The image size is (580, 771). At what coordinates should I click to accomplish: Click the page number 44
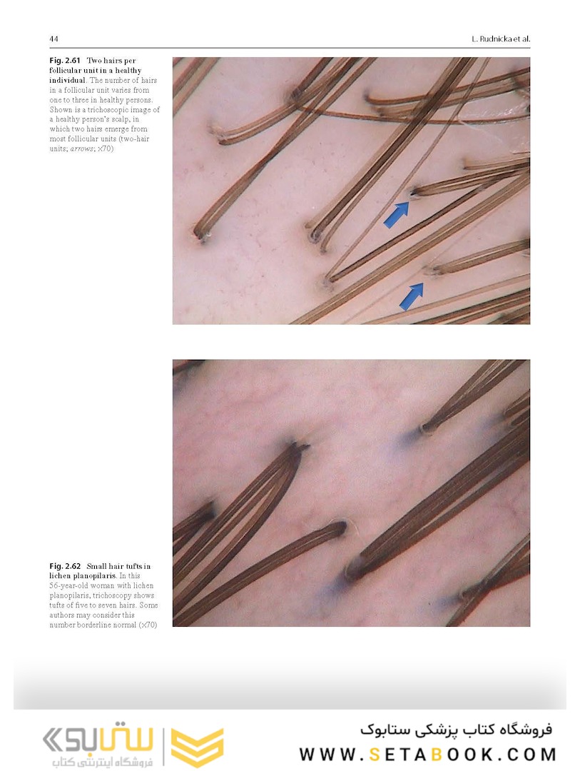(x=54, y=39)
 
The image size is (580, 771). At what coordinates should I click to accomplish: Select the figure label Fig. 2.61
(x=64, y=61)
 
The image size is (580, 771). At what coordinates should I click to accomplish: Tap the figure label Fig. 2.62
(x=64, y=566)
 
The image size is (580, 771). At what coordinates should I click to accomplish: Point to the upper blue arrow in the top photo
(x=397, y=214)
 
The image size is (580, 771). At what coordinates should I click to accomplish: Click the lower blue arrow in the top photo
(x=412, y=296)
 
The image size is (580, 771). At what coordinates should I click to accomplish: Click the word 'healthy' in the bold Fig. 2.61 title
(x=128, y=70)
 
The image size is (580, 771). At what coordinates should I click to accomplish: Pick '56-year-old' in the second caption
(x=68, y=585)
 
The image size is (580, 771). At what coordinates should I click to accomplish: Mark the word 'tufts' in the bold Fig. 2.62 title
(x=136, y=566)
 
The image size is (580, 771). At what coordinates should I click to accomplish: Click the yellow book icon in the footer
(x=198, y=747)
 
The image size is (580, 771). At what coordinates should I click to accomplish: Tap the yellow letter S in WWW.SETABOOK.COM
(x=375, y=755)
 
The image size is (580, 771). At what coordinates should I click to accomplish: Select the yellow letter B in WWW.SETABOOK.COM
(x=436, y=755)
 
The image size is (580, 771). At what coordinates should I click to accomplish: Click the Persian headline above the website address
(x=456, y=730)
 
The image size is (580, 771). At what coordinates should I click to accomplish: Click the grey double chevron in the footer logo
(x=52, y=740)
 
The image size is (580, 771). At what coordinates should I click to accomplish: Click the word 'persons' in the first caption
(x=138, y=100)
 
